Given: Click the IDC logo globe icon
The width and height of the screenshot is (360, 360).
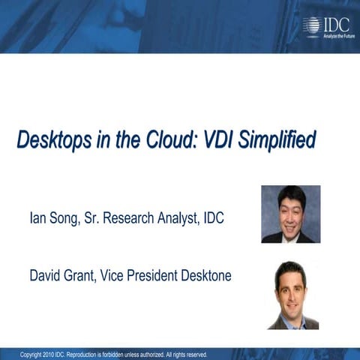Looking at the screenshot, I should [311, 25].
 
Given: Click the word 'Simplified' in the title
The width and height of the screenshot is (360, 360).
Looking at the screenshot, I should [278, 141].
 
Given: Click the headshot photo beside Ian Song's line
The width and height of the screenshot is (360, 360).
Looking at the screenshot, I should [290, 214].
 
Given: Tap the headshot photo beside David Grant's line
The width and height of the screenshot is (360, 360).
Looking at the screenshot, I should [293, 295].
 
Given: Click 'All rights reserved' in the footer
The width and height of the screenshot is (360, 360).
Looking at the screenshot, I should [180, 355].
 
